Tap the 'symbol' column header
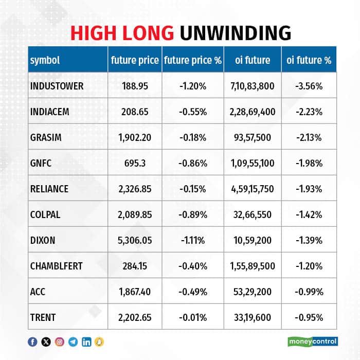click(x=45, y=60)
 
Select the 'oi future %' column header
click(x=309, y=60)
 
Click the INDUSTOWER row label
click(x=57, y=86)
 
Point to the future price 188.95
click(x=135, y=86)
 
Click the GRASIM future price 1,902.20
click(x=135, y=137)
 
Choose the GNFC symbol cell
click(x=41, y=163)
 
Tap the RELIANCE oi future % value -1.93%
click(x=309, y=189)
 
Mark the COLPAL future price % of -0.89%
click(x=193, y=214)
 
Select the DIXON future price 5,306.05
click(x=135, y=240)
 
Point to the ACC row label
click(x=38, y=292)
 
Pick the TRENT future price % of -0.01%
click(x=193, y=317)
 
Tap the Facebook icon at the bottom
click(x=32, y=341)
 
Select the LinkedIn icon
click(x=86, y=341)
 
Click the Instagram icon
click(x=59, y=341)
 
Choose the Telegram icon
click(x=73, y=341)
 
